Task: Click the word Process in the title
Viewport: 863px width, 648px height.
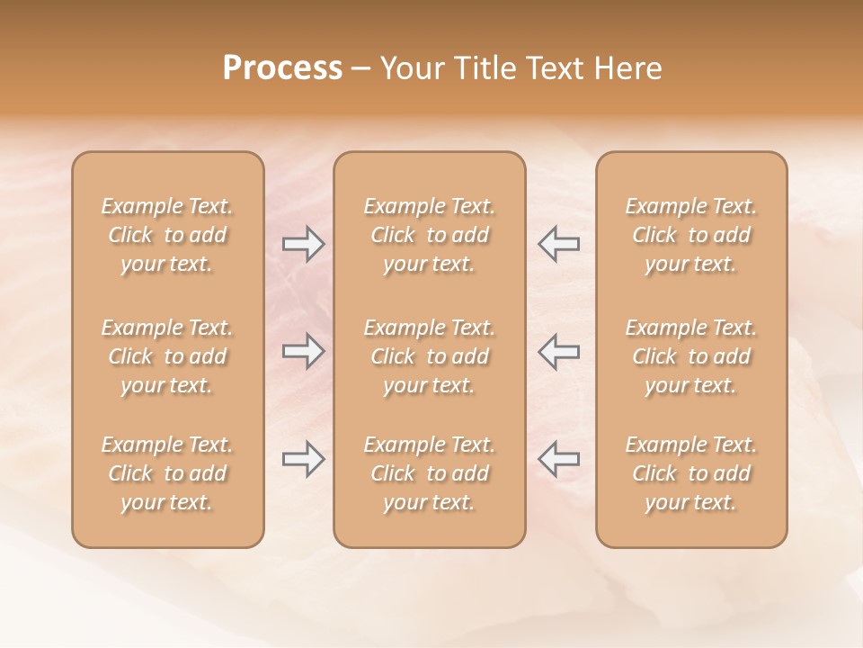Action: coord(282,68)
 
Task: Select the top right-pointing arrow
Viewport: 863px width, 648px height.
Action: coord(303,244)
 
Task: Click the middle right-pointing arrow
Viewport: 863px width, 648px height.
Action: coord(303,351)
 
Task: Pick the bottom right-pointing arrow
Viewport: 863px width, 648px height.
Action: coord(303,460)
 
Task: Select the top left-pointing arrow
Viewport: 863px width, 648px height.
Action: coord(558,244)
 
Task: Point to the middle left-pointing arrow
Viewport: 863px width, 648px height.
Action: coord(558,351)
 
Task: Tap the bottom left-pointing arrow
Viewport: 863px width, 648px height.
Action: coord(558,458)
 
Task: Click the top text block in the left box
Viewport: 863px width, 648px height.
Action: coord(167,235)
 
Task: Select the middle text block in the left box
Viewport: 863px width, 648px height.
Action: coord(167,356)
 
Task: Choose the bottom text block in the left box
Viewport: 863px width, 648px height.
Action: coord(167,473)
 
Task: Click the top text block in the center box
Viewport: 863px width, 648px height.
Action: coord(430,235)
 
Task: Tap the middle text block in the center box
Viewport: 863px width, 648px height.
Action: coord(430,356)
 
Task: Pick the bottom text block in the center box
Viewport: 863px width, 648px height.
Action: coord(430,473)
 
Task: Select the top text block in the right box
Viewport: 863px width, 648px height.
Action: coord(691,235)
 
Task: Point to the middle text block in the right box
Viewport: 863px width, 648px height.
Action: coord(691,356)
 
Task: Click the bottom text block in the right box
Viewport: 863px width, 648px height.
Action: coord(691,473)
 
